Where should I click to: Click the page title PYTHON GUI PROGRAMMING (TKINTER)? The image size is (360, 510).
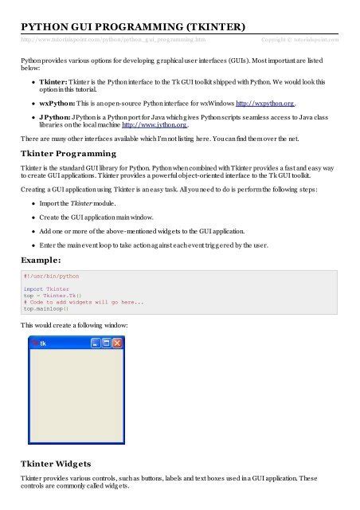(132, 25)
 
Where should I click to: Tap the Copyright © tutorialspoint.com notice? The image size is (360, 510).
(299, 38)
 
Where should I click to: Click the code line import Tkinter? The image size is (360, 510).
(46, 289)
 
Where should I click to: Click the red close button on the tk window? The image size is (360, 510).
(117, 343)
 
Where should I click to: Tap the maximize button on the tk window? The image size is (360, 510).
(106, 343)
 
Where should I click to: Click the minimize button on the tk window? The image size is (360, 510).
(95, 343)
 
